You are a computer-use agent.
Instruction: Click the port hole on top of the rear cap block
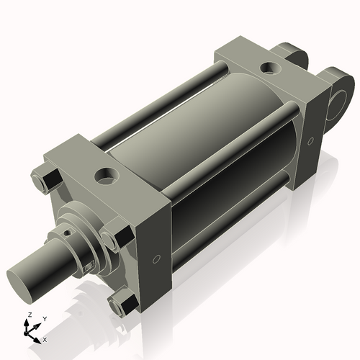[x=271, y=68]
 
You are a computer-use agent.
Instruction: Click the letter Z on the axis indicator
[x=28, y=315]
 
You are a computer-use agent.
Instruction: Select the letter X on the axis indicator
[x=45, y=338]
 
